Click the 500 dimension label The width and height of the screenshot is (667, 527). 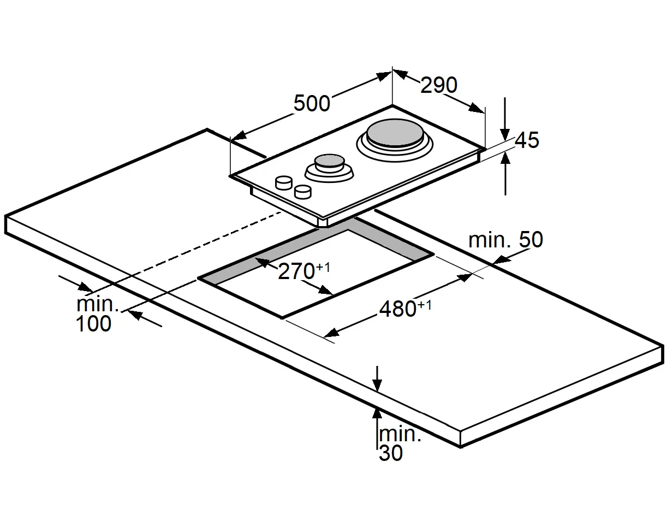[x=312, y=103]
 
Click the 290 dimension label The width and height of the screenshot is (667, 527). [x=439, y=85]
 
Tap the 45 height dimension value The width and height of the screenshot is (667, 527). [x=527, y=140]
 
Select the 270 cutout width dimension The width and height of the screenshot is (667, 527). [x=296, y=271]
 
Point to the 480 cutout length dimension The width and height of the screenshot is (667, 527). [x=398, y=309]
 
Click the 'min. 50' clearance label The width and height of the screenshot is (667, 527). [x=505, y=240]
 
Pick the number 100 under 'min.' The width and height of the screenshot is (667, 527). [x=93, y=324]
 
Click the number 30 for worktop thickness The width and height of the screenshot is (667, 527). [x=391, y=453]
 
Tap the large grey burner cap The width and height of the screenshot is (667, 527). [x=393, y=134]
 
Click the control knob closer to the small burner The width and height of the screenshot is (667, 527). [x=284, y=182]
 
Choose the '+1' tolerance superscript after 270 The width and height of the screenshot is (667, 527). [x=323, y=267]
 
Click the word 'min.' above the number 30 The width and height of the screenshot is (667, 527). [x=400, y=435]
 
